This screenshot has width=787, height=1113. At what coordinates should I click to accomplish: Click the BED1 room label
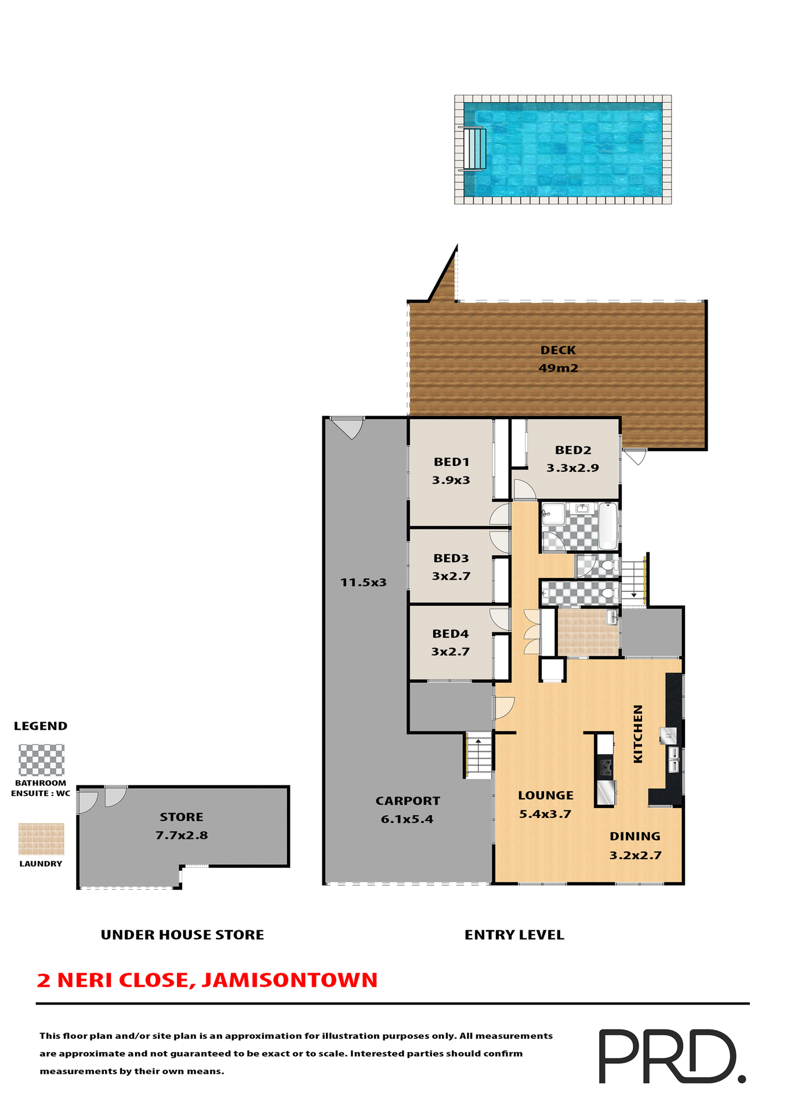451,462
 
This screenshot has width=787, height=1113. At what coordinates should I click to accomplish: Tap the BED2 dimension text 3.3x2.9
572,468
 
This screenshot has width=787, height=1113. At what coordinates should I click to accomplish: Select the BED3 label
451,558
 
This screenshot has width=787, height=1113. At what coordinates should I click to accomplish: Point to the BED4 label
450,634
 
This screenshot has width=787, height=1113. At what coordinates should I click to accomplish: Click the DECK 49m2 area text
558,368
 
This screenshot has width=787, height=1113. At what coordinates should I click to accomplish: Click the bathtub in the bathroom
607,525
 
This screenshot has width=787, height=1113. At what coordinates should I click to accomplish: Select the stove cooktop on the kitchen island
605,768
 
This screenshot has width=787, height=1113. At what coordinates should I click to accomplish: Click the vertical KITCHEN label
638,733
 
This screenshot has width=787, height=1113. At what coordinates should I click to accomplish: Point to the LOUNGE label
545,795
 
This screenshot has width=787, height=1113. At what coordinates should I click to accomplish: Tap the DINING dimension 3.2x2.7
635,855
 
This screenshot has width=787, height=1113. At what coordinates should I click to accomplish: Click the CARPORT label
407,801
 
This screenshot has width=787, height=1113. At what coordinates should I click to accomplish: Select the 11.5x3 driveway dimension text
363,582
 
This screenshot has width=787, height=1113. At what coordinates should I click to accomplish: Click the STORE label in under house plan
182,817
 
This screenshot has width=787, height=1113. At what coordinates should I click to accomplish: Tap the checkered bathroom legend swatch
41,760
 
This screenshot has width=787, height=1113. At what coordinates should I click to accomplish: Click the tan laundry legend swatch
41,839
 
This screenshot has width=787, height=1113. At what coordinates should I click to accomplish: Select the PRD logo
671,1056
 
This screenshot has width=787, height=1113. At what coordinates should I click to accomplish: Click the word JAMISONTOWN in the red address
290,980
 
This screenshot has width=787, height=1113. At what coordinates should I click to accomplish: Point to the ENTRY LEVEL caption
514,934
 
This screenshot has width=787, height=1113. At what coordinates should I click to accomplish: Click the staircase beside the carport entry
479,755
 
